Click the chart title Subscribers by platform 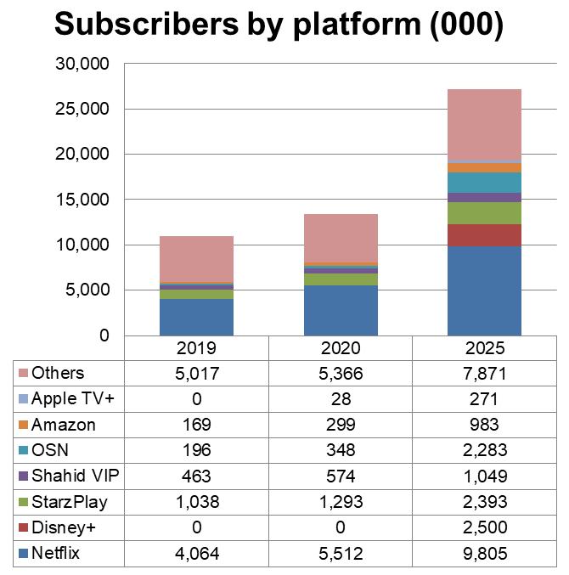[x=279, y=25]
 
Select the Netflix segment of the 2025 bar [x=484, y=290]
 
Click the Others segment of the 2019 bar [x=196, y=259]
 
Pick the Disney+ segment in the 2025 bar [x=484, y=235]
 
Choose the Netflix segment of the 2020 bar [x=341, y=310]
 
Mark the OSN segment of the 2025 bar [x=484, y=183]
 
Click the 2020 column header [x=341, y=348]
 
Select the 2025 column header [x=484, y=348]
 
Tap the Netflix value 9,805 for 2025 [x=484, y=555]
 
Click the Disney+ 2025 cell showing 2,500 [x=484, y=528]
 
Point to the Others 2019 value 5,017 [x=196, y=373]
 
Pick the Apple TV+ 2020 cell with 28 [x=341, y=398]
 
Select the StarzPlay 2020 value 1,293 [x=341, y=502]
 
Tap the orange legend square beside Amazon [x=23, y=425]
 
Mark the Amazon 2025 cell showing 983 [x=484, y=425]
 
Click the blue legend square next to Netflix [x=23, y=555]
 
